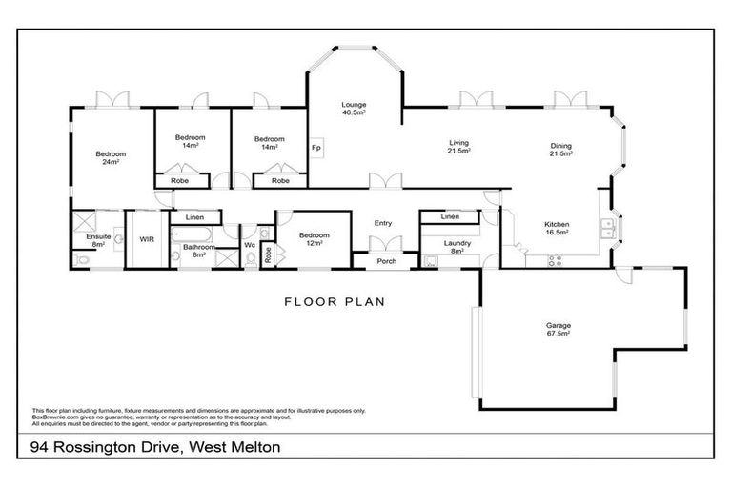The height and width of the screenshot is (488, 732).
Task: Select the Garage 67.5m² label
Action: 558,329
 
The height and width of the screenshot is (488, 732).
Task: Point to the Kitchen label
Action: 557,227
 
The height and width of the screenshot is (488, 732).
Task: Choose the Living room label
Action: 459,148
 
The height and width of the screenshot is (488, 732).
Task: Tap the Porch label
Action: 387,260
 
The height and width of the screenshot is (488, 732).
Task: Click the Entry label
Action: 383,223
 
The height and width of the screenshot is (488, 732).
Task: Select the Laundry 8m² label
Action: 457,247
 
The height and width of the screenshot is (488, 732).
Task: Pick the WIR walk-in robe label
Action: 148,239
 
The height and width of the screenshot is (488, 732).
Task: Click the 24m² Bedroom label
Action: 111,157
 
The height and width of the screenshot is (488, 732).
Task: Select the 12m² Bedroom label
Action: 315,238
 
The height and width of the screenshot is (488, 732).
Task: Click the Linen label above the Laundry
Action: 450,217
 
